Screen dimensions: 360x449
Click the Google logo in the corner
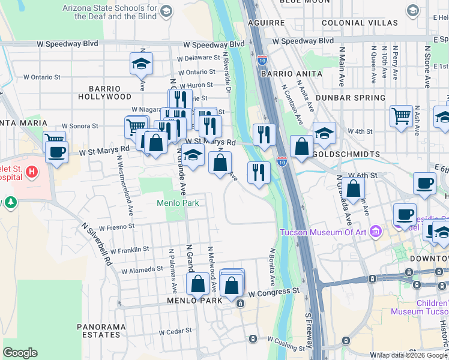pyautogui.click(x=20, y=353)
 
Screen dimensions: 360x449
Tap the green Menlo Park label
pyautogui.click(x=178, y=203)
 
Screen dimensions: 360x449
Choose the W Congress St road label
pyautogui.click(x=274, y=291)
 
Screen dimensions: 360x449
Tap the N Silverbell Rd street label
pyautogui.click(x=97, y=239)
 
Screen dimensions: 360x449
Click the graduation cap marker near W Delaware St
pyautogui.click(x=141, y=63)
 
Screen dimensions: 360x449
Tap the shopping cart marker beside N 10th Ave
pyautogui.click(x=401, y=115)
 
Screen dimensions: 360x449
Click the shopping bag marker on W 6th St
pyautogui.click(x=354, y=188)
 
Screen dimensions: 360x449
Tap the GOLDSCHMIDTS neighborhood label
pyautogui.click(x=346, y=154)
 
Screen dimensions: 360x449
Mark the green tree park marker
pyautogui.click(x=10, y=203)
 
